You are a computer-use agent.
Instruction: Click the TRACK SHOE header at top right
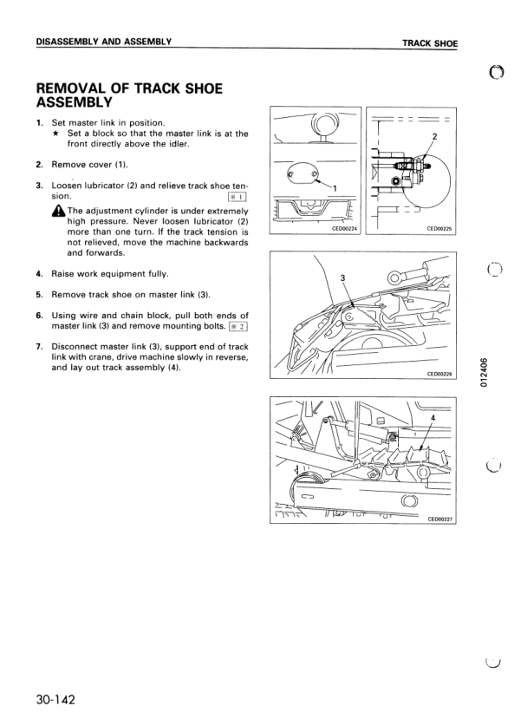pyautogui.click(x=430, y=43)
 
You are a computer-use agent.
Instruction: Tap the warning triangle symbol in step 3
pyautogui.click(x=60, y=212)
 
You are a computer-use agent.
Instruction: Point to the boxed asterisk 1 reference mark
pyautogui.click(x=237, y=197)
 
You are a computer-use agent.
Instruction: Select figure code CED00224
pyautogui.click(x=346, y=229)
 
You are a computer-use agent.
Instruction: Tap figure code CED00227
pyautogui.click(x=441, y=519)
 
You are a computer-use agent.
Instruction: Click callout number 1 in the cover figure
pyautogui.click(x=335, y=188)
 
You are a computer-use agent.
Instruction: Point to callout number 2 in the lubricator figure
pyautogui.click(x=434, y=136)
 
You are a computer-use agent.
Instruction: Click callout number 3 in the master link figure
pyautogui.click(x=342, y=278)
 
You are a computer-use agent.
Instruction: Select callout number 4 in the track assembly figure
pyautogui.click(x=433, y=417)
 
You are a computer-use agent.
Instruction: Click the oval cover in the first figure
pyautogui.click(x=303, y=174)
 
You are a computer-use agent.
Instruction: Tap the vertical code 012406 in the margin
pyautogui.click(x=483, y=372)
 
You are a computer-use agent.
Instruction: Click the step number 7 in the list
pyautogui.click(x=39, y=347)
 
